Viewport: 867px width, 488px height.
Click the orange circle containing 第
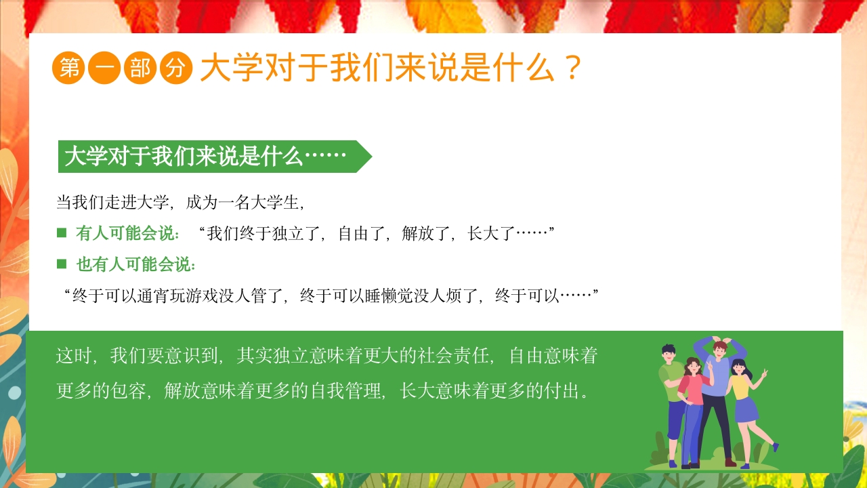pos(68,68)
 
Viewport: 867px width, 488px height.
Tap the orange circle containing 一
pos(104,68)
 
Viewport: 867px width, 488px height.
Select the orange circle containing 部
pos(140,68)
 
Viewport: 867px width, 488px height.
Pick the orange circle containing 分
pos(176,68)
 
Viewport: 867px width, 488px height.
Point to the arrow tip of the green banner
pos(370,157)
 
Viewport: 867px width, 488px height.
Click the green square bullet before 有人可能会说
pos(62,233)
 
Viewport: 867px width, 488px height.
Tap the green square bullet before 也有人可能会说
pos(62,264)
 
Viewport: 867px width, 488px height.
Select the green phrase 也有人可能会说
pos(135,264)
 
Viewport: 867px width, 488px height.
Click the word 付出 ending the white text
pos(562,391)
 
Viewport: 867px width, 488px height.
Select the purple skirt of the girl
pos(746,410)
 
